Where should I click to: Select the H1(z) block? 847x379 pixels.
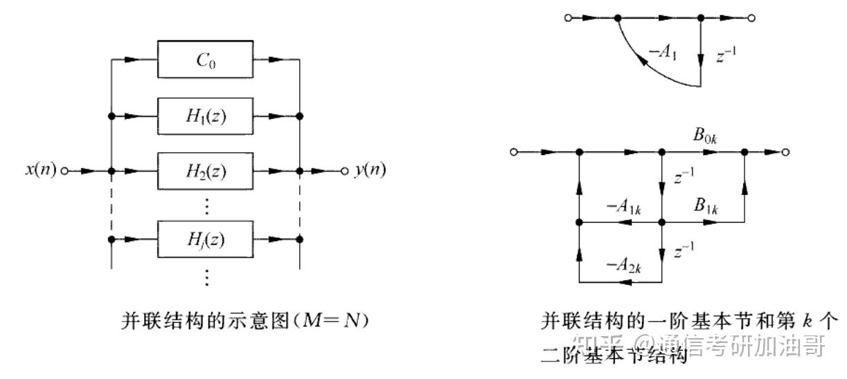[x=205, y=115]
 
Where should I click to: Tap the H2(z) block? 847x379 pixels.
[x=205, y=170]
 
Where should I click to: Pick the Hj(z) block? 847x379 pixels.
[x=205, y=239]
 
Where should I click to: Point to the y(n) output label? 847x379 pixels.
[x=371, y=170]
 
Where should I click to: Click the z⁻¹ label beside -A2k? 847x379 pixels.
[x=684, y=250]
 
